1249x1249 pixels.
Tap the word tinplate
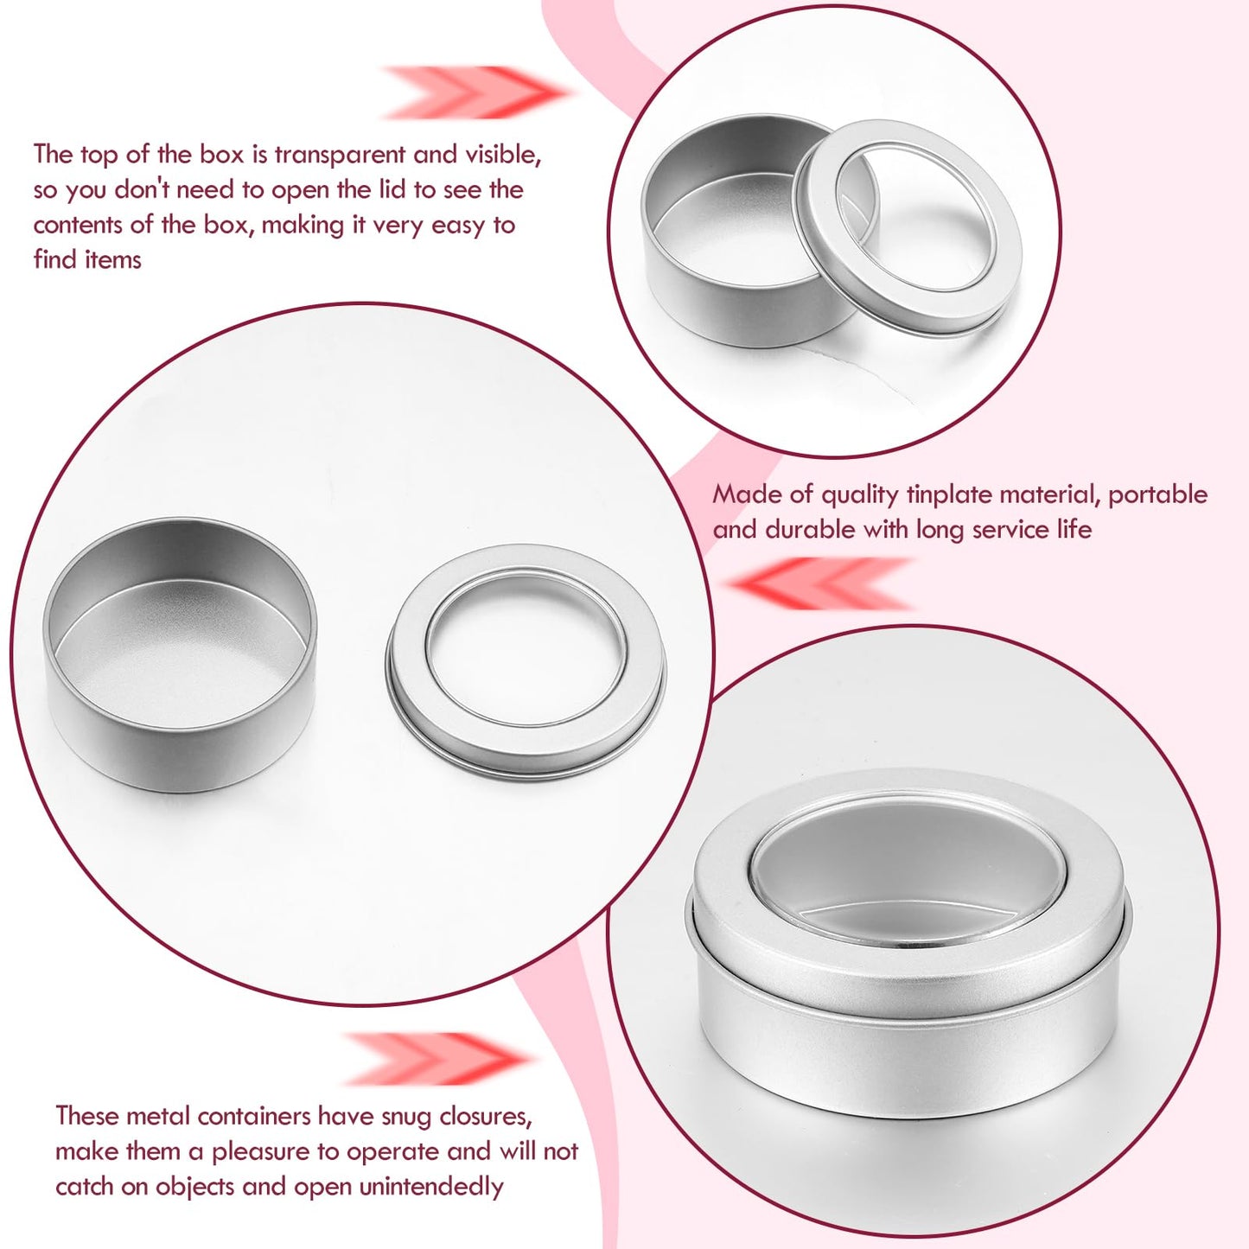(949, 494)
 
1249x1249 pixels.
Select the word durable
(810, 529)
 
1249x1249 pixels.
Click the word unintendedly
(430, 1187)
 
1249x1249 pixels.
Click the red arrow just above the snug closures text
(437, 1058)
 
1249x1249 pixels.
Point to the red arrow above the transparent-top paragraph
(475, 92)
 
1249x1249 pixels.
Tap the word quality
(859, 494)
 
